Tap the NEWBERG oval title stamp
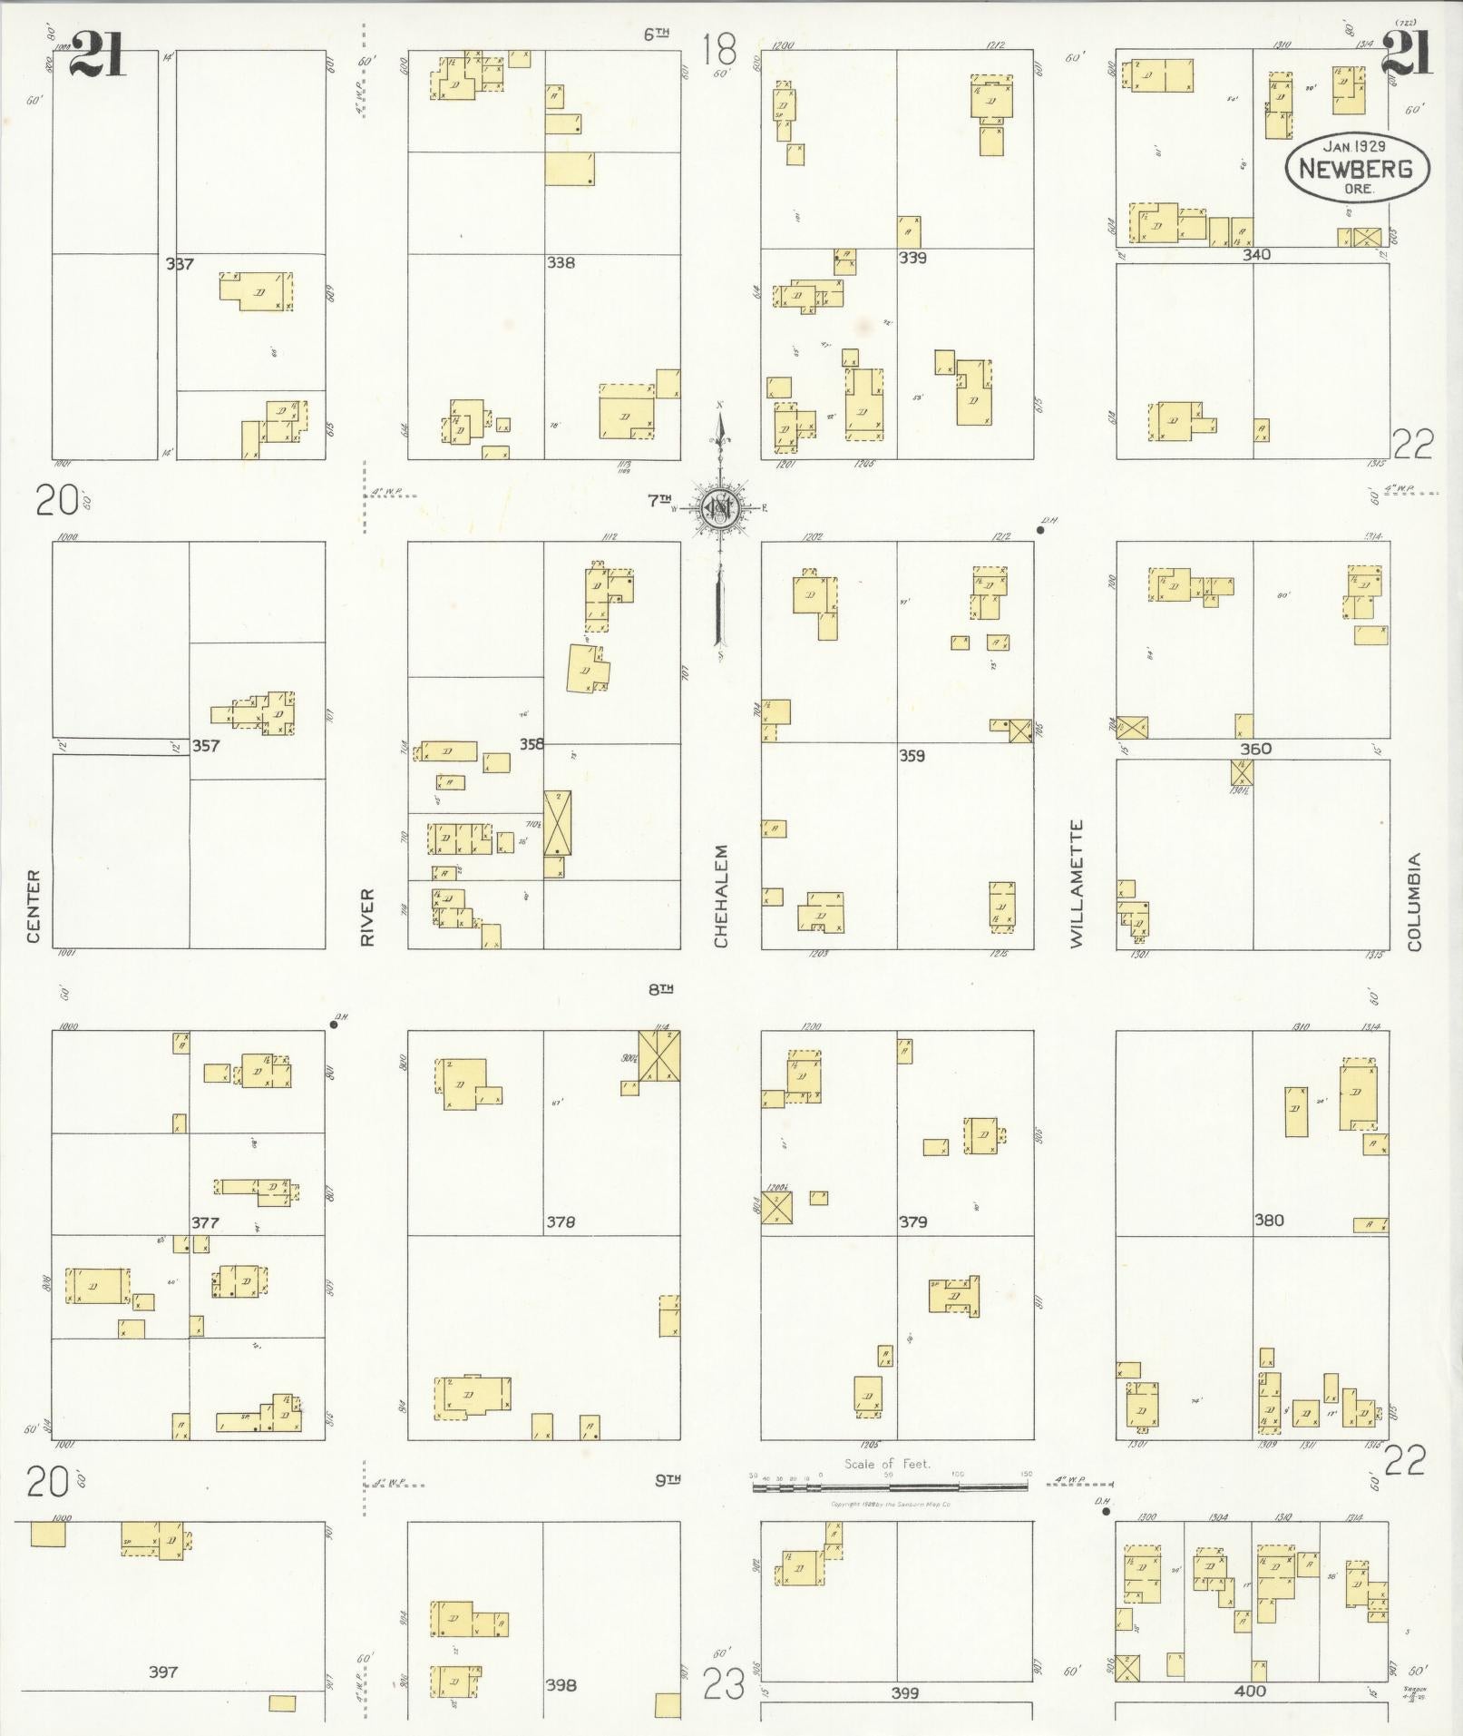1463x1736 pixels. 1355,169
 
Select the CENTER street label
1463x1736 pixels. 34,906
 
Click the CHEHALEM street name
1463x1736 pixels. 721,897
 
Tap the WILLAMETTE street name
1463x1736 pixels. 1077,884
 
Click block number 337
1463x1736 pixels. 180,264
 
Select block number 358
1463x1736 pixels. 532,744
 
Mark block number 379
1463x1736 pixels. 912,1222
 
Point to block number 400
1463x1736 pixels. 1249,1690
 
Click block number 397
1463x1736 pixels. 163,1671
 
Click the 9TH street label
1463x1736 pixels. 668,1480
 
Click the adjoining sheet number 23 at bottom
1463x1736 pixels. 724,1684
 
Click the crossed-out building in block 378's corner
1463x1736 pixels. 659,1055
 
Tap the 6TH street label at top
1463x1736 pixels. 657,34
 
